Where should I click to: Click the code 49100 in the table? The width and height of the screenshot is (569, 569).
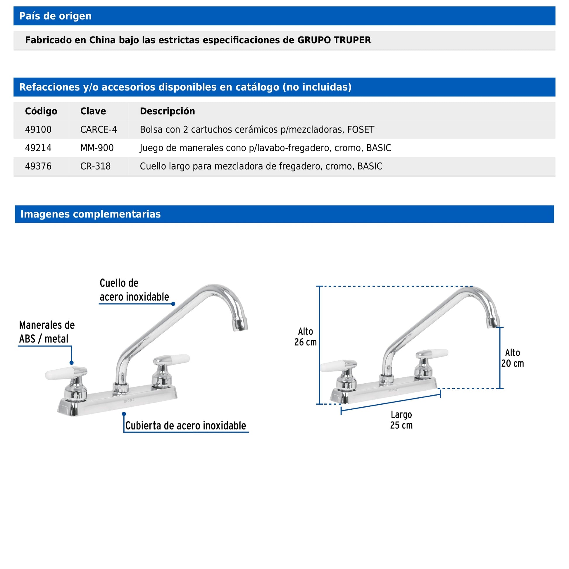click(38, 130)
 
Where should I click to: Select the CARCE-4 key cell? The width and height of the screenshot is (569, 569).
click(99, 130)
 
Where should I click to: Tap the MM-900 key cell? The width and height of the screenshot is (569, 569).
click(97, 148)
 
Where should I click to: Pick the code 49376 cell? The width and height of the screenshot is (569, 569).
click(38, 166)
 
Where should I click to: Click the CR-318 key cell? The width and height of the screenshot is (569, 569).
click(95, 166)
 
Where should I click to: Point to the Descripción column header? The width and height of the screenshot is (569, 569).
click(167, 111)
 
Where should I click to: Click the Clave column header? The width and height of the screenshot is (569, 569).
click(93, 111)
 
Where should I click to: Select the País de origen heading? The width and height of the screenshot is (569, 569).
click(55, 16)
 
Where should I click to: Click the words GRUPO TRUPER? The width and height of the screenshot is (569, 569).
click(334, 40)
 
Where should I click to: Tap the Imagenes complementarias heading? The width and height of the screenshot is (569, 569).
click(90, 214)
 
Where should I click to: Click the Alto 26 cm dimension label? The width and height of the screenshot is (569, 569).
click(306, 337)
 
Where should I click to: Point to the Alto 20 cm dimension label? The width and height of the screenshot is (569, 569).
click(513, 358)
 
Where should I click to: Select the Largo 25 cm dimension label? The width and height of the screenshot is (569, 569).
click(401, 420)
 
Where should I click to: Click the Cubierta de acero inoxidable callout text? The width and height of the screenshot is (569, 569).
click(186, 426)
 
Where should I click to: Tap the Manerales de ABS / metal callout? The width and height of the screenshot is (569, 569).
click(47, 332)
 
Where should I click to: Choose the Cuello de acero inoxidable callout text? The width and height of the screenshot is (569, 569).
click(134, 290)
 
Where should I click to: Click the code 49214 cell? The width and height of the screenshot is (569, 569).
click(38, 148)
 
